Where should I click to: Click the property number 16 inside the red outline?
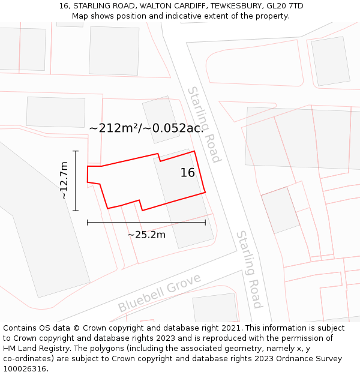[188, 173]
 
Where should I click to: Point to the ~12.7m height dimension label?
[64, 181]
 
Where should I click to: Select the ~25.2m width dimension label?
[146, 235]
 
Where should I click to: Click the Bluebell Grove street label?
[159, 293]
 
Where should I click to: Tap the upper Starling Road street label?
[204, 124]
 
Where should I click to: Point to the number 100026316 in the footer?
[24, 368]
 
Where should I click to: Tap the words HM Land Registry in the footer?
[37, 349]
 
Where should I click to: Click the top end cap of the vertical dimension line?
[76, 151]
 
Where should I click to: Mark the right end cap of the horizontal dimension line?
[205, 222]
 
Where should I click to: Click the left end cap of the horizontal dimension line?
[88, 222]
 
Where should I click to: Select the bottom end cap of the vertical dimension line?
[76, 211]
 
